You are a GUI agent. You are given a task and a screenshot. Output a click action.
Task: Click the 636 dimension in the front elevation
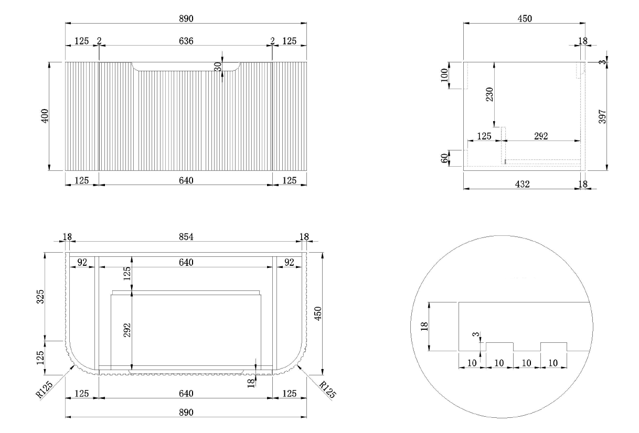click(x=186, y=41)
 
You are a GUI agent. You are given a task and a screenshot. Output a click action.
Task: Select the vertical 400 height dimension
click(x=45, y=116)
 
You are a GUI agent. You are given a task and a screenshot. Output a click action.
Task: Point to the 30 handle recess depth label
click(x=218, y=67)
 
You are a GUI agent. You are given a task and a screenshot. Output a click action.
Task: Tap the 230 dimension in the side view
click(x=489, y=94)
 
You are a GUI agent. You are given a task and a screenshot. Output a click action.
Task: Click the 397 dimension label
click(x=602, y=116)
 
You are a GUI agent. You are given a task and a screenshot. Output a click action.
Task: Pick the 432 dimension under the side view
click(x=522, y=184)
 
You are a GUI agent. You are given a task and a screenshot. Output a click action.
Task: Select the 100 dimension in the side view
click(x=444, y=75)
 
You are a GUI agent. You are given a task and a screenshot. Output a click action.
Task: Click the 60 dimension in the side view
click(x=444, y=158)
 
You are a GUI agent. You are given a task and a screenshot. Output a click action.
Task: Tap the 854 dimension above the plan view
click(x=186, y=237)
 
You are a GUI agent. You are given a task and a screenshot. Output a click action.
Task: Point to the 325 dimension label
click(x=40, y=297)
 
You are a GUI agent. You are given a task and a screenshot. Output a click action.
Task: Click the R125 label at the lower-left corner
click(x=44, y=389)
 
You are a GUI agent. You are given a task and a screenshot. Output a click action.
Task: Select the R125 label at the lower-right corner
click(x=327, y=389)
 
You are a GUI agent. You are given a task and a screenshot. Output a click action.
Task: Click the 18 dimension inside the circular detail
click(x=424, y=327)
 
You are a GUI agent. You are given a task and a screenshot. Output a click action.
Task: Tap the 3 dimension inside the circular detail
click(x=476, y=334)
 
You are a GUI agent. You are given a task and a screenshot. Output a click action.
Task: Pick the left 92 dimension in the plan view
click(x=82, y=262)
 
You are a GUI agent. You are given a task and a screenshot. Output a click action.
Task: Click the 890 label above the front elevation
click(x=186, y=18)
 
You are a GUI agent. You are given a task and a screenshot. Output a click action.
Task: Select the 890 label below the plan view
click(x=186, y=413)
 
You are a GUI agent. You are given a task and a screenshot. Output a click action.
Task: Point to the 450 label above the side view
click(x=525, y=18)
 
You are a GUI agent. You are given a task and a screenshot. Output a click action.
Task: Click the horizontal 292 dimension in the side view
click(x=541, y=136)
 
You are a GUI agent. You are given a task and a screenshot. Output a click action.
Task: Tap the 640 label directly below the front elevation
click(x=186, y=180)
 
